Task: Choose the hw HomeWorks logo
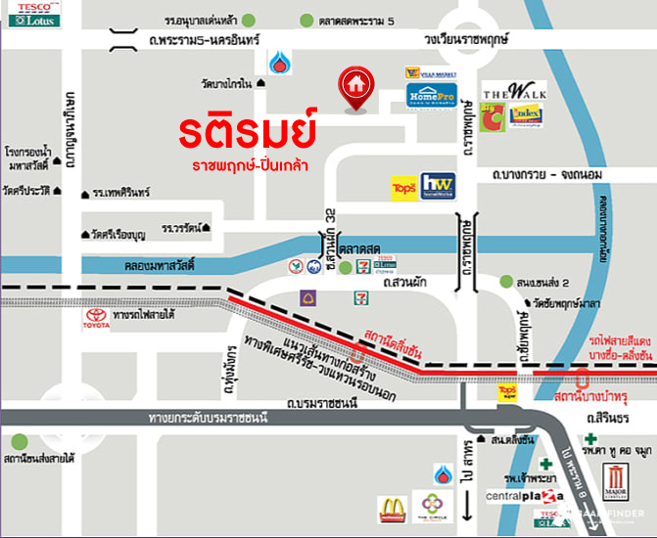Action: click(435, 186)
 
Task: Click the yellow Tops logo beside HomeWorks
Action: click(402, 187)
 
